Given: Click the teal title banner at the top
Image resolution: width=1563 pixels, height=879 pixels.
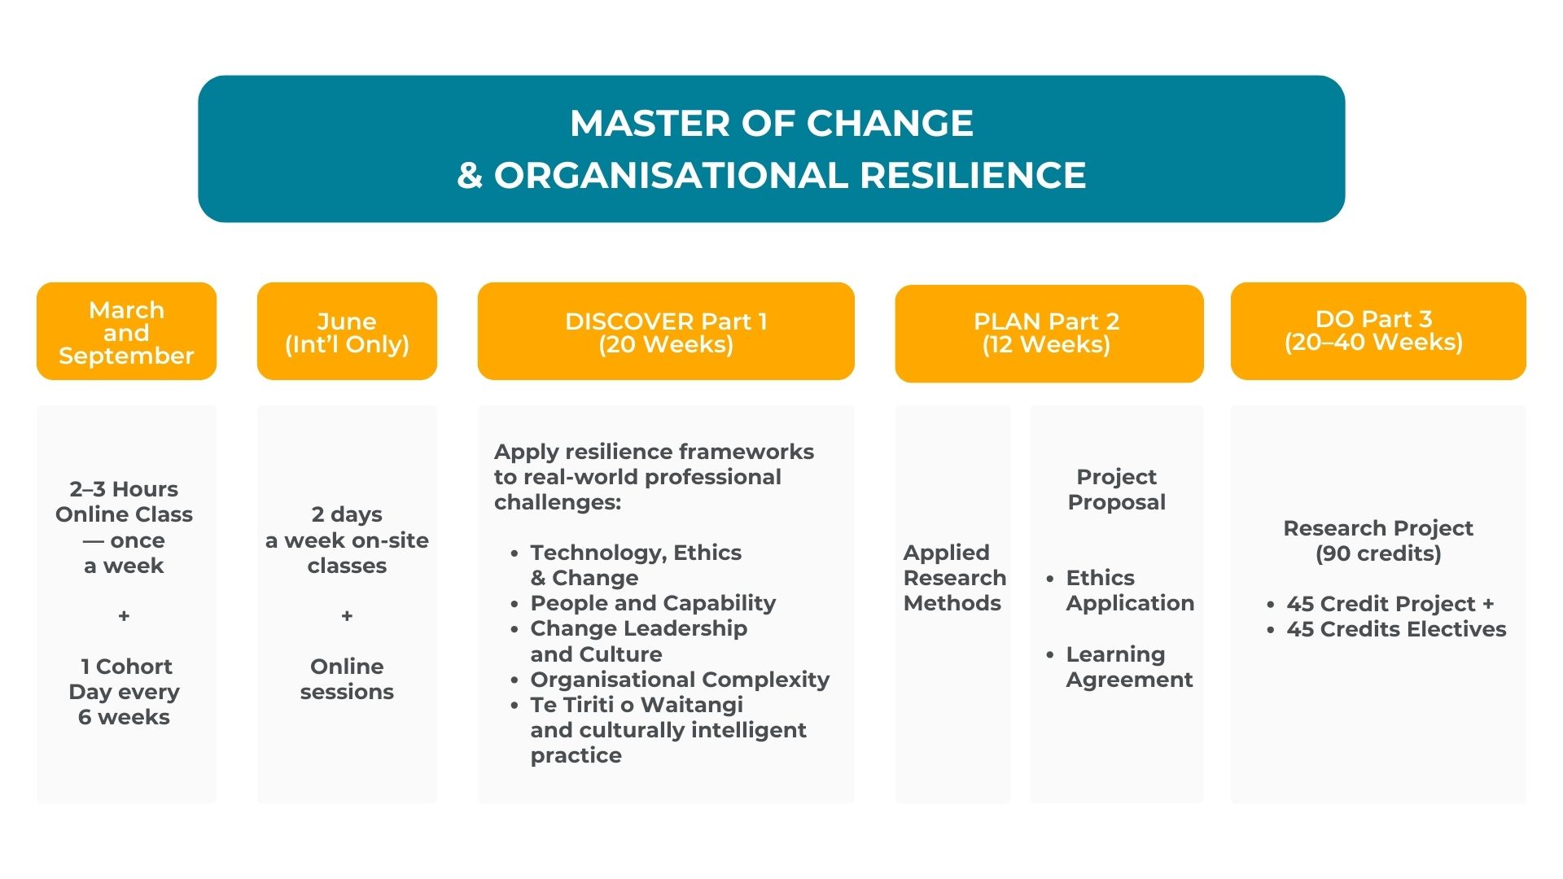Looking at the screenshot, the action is coord(771,149).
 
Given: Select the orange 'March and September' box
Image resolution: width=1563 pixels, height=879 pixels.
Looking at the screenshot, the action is coord(126,331).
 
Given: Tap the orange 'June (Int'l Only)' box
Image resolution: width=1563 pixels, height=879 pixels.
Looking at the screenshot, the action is coord(347,331).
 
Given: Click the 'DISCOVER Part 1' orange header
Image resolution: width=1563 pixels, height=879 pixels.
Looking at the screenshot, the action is coord(666,331).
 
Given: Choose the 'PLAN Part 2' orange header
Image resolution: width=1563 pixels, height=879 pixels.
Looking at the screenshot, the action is coord(1049,334).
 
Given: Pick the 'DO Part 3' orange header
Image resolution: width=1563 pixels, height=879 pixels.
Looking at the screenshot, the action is coord(1378,331).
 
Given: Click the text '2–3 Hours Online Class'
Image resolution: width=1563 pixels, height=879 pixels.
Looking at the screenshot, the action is coord(124,501).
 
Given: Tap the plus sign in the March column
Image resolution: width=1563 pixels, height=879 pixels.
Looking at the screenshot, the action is coord(124,616).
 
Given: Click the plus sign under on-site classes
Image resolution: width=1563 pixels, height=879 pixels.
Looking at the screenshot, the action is coord(347,616).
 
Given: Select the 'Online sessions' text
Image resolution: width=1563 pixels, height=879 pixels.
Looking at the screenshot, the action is coord(347,679).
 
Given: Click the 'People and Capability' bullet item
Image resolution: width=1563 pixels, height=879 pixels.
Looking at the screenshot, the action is coord(653,603).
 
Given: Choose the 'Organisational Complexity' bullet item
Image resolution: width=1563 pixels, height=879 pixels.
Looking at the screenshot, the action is coord(680,680).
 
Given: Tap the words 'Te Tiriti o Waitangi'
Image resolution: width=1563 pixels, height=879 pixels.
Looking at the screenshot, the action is coord(637,705).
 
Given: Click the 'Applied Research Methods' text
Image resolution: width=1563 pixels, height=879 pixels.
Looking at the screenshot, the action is coord(955,578).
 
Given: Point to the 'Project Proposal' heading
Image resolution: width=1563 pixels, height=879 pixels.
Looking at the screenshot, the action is coord(1117,489).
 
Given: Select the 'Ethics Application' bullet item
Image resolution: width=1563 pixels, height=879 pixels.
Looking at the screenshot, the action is coord(1130,590).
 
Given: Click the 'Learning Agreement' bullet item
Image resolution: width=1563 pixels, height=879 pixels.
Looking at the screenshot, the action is coord(1129,667).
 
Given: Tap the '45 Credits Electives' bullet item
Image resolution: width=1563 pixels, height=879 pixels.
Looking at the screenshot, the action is coord(1396,629).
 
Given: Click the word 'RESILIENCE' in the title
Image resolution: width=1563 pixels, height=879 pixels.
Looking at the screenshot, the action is coord(973,175).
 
